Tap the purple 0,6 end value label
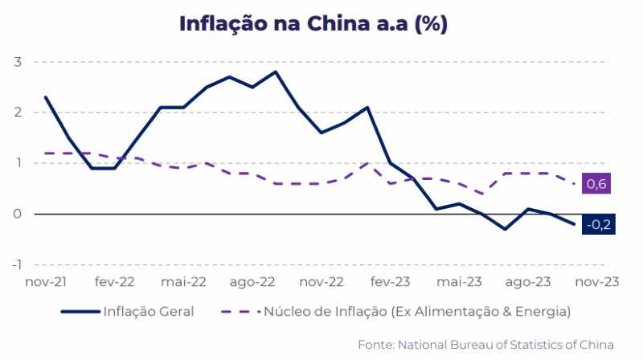596,185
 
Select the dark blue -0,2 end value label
599,225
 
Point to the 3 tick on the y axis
17,62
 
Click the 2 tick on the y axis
17,112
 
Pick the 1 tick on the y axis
17,163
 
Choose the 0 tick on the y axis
17,214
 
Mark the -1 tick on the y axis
15,264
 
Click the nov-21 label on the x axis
45,282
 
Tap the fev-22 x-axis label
114,282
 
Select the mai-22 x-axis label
183,282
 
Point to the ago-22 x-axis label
252,282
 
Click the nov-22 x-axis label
321,282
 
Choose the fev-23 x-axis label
391,282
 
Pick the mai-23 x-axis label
460,282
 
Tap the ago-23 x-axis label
529,282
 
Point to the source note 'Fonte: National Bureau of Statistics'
485,345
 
